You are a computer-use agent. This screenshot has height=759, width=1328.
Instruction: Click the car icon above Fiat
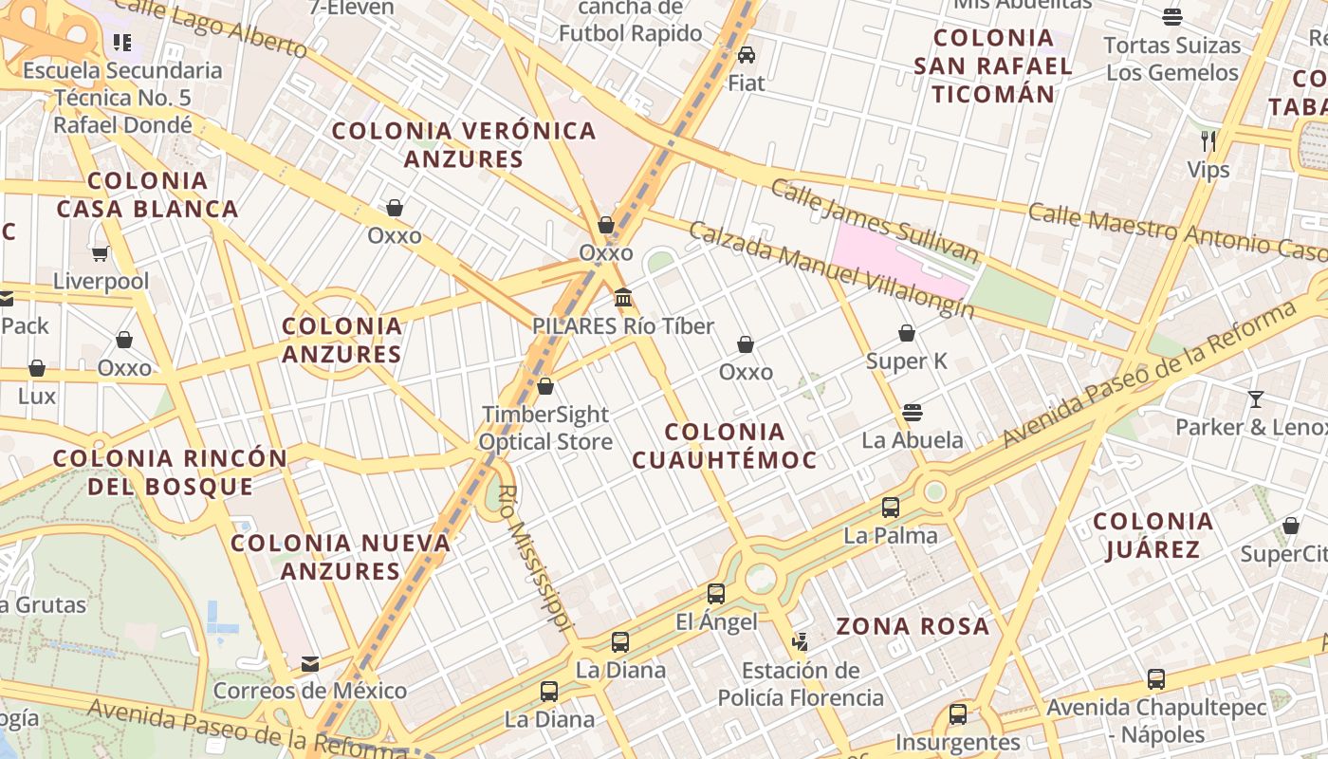[x=747, y=54]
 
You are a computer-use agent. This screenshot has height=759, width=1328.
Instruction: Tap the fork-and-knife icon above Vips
[x=1208, y=141]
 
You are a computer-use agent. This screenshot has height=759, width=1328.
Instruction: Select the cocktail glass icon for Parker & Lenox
[x=1256, y=398]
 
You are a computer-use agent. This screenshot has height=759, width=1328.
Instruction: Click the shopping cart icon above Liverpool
[x=101, y=253]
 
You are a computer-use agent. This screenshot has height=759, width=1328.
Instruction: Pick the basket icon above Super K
[x=907, y=333]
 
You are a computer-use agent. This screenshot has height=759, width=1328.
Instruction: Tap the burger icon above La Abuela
[x=913, y=412]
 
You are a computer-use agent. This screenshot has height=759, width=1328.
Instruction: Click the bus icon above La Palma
[x=891, y=507]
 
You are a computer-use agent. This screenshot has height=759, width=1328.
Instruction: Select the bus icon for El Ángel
[x=716, y=594]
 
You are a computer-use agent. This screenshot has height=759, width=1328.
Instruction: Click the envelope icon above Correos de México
[x=310, y=663]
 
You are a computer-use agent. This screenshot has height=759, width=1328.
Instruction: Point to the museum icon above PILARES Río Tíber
[x=623, y=298]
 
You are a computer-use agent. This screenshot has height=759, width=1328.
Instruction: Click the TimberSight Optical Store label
[x=545, y=428]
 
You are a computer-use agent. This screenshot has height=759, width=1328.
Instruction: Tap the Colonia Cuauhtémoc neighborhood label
[x=725, y=446]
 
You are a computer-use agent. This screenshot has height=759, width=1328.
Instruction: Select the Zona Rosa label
[x=913, y=626]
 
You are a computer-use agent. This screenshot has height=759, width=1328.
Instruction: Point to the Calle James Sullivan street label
[x=874, y=221]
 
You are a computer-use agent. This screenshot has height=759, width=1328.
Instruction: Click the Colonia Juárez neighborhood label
[x=1153, y=535]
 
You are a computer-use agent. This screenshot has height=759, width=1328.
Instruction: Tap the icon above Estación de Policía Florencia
[x=801, y=642]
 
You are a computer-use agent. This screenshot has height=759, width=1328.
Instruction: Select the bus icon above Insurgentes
[x=958, y=713]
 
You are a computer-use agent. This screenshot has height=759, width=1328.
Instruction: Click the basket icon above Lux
[x=37, y=368]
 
